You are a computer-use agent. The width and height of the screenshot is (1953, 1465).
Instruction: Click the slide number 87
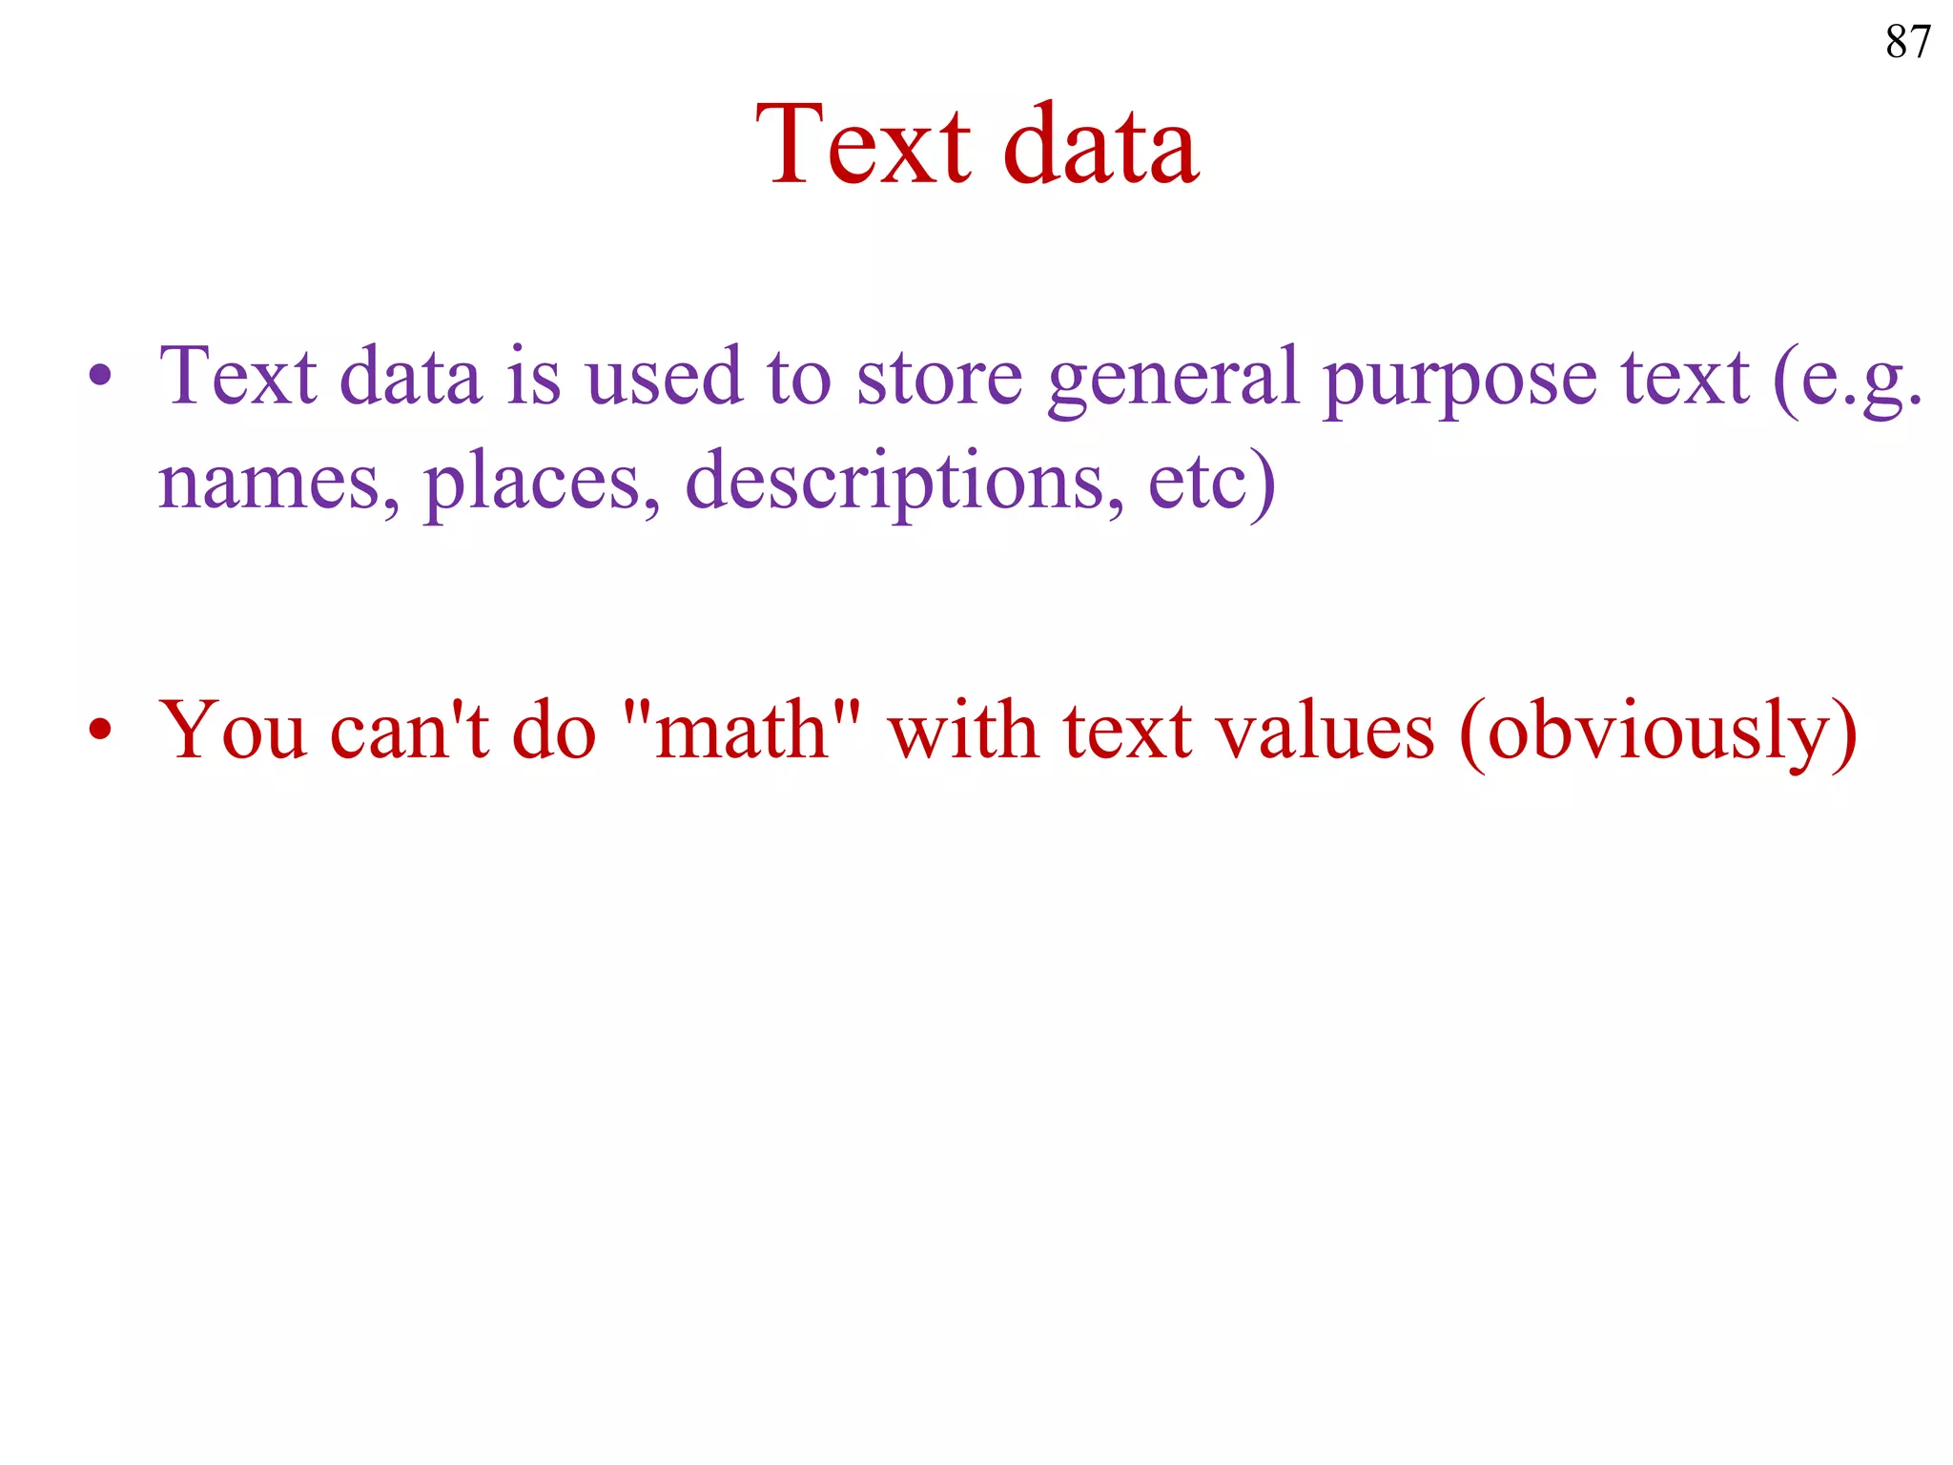(x=1907, y=42)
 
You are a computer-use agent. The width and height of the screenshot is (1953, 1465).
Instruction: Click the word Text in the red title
(x=863, y=145)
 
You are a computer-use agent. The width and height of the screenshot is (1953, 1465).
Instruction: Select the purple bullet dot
(x=100, y=375)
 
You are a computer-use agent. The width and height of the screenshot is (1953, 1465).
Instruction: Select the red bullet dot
(x=100, y=731)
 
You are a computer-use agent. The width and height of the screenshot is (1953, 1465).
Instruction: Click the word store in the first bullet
(x=938, y=378)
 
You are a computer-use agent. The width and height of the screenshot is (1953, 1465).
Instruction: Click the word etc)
(x=1211, y=483)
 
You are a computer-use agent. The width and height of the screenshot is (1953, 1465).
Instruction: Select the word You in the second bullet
(x=233, y=731)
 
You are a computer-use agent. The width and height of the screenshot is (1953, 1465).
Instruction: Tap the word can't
(x=409, y=731)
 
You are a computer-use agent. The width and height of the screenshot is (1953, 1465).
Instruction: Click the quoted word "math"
(x=741, y=731)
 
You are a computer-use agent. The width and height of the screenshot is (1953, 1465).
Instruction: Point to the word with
(x=963, y=731)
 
